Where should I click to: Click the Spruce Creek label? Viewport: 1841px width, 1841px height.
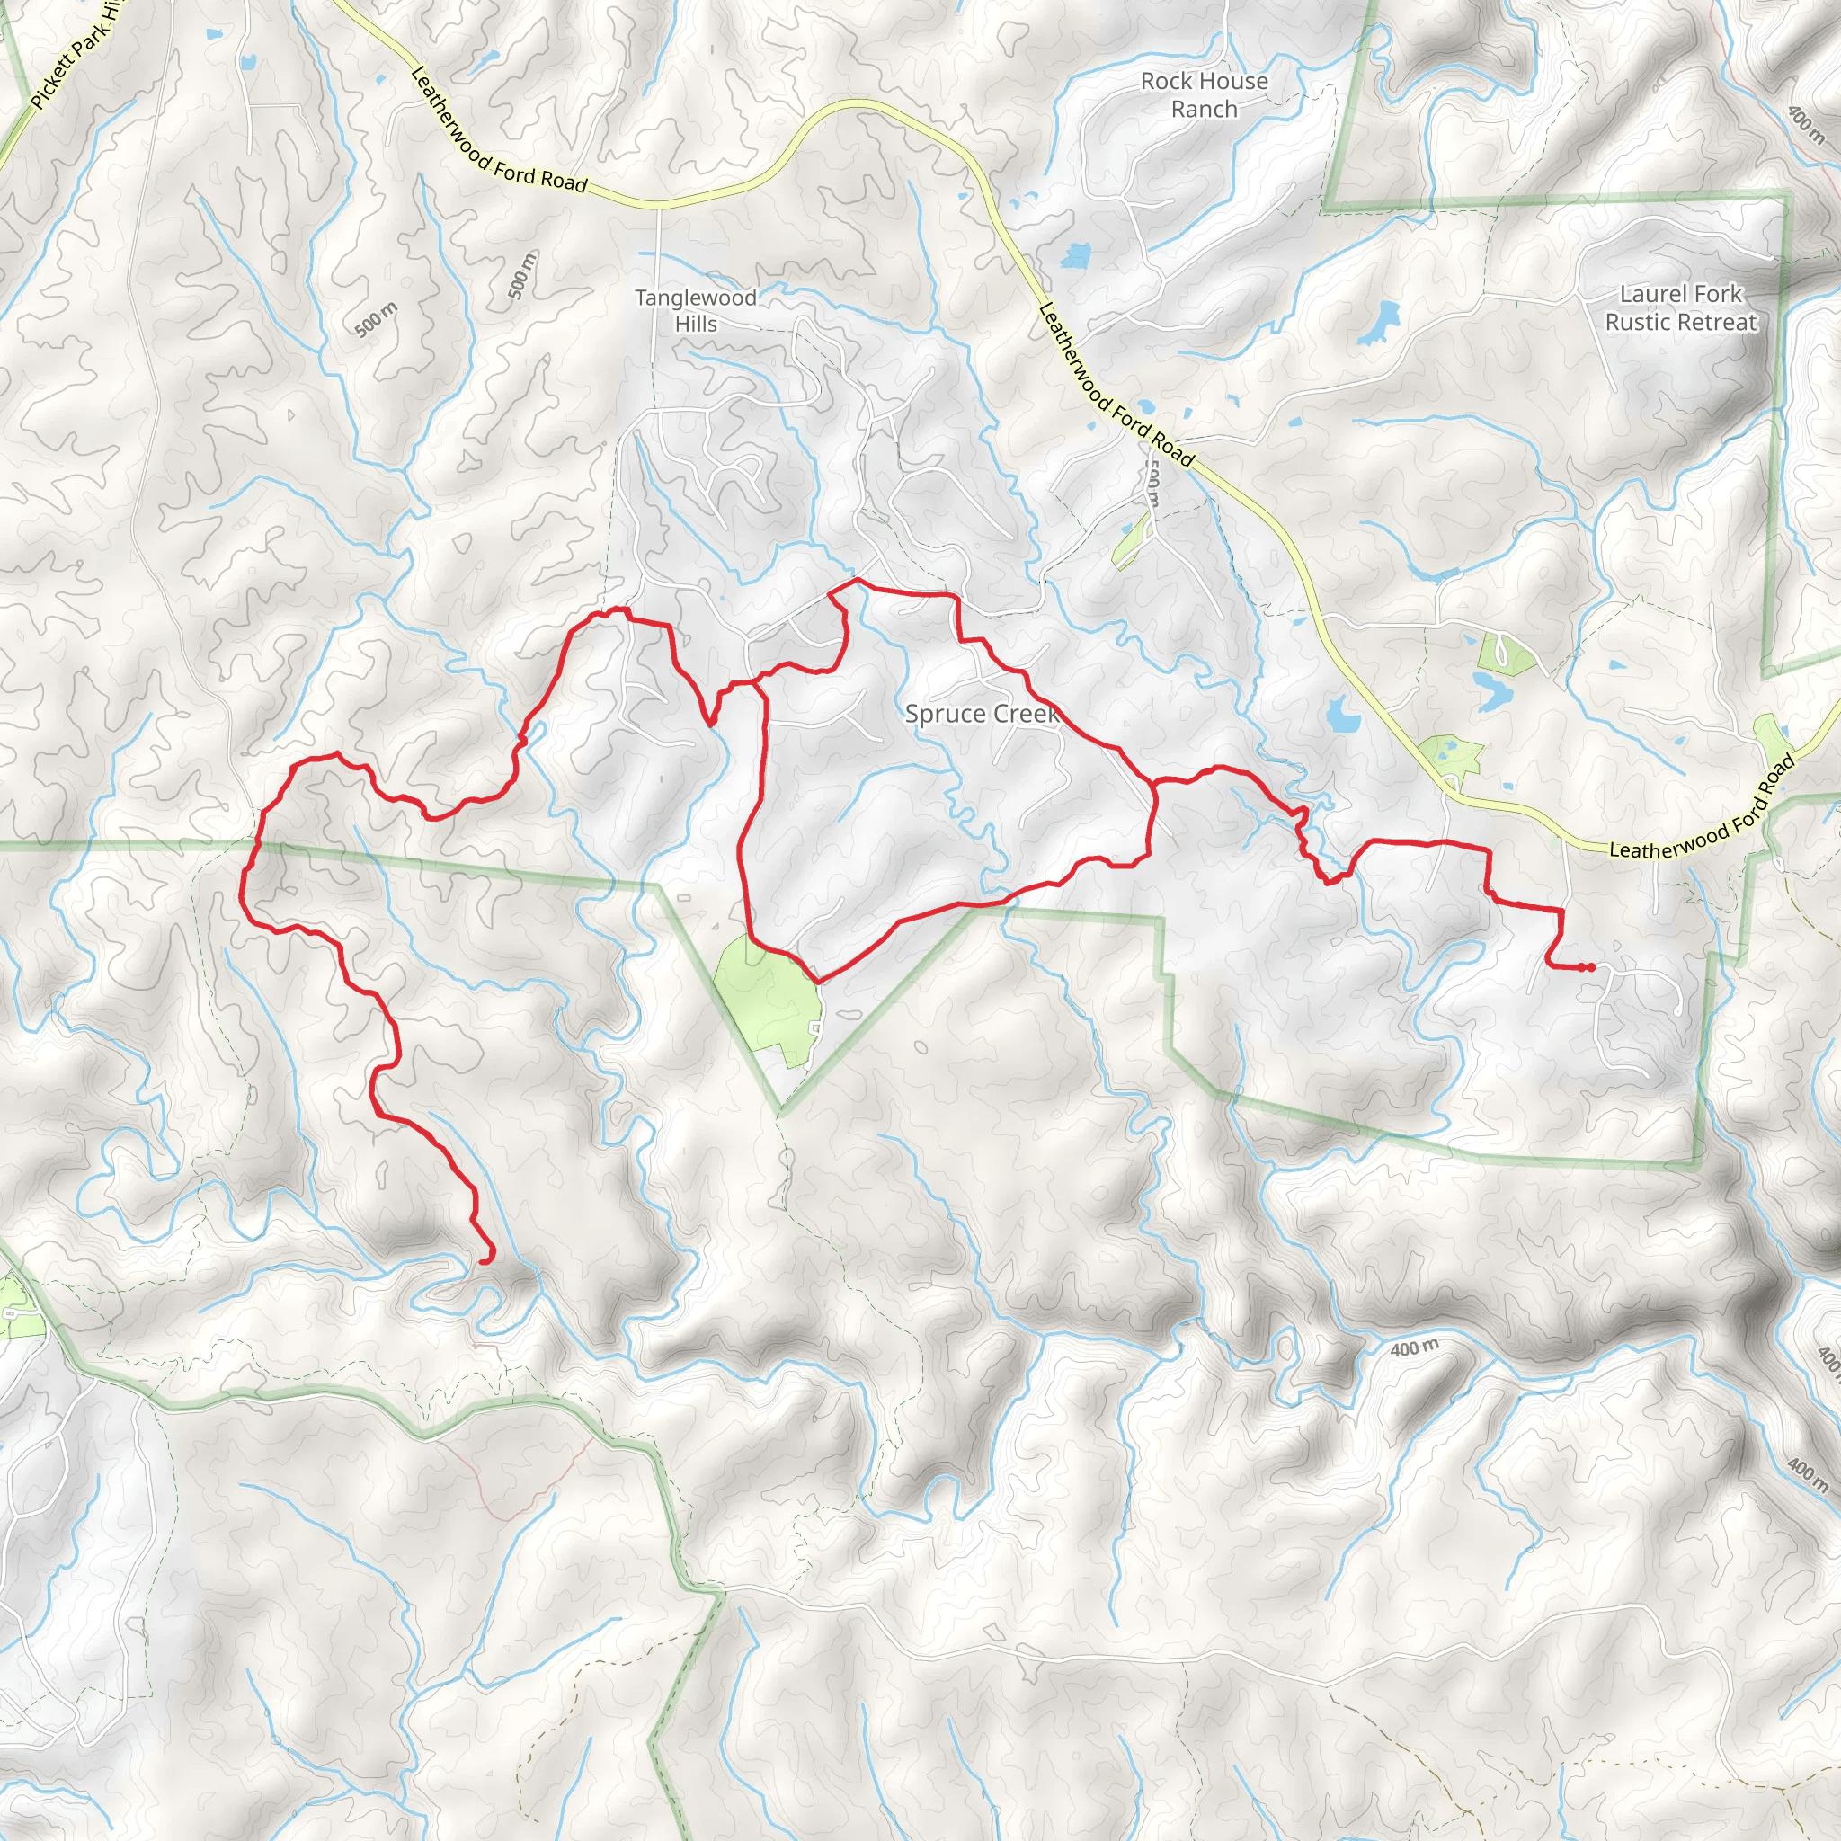pos(982,714)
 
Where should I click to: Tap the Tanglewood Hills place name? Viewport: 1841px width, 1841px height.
pos(697,311)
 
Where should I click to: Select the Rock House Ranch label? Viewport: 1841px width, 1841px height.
pos(1205,95)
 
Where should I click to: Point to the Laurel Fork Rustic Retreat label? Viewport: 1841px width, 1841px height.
pos(1681,307)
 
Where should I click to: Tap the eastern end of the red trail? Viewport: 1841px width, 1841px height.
pos(1591,968)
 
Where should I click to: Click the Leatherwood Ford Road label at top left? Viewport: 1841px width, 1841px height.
pos(497,130)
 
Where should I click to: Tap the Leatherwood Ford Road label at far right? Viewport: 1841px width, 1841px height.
pos(1702,809)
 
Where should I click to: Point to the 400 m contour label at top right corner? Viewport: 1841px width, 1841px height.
pos(1806,124)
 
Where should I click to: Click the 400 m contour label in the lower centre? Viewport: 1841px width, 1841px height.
pos(1414,1348)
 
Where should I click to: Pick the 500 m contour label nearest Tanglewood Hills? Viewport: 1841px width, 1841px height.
pos(522,274)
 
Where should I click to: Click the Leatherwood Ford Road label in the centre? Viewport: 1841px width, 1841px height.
pos(1115,385)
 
